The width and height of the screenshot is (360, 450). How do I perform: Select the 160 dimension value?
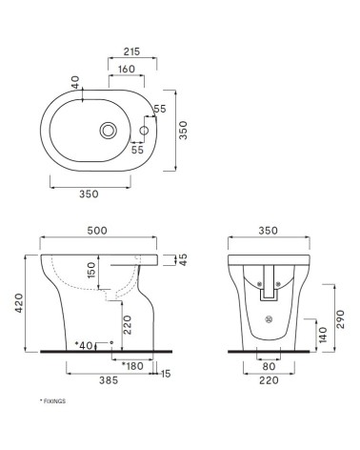click(x=125, y=69)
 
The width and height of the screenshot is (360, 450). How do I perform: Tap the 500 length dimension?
click(x=95, y=231)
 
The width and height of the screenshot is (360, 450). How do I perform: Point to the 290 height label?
click(x=339, y=316)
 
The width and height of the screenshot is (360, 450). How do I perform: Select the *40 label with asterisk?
click(x=85, y=343)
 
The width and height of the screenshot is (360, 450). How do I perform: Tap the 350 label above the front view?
click(x=268, y=231)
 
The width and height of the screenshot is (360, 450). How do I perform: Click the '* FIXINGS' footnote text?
click(x=51, y=401)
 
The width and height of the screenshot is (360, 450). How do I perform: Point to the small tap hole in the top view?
click(x=145, y=130)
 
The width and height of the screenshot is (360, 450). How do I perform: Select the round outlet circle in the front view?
click(x=269, y=319)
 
